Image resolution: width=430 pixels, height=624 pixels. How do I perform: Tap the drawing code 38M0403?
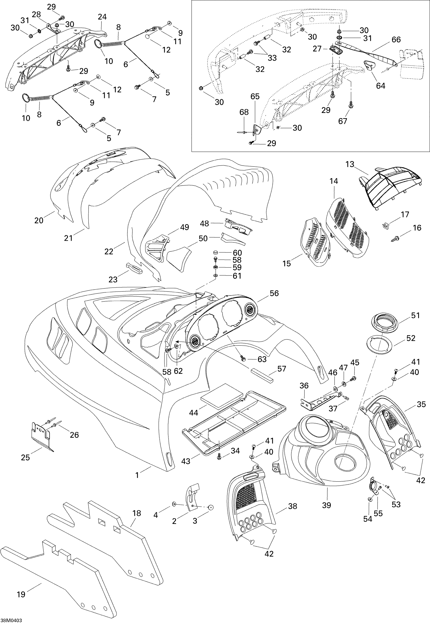click(x=11, y=620)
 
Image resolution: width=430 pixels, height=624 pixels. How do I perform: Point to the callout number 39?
click(x=326, y=505)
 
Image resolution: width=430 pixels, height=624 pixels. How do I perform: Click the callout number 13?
click(x=350, y=164)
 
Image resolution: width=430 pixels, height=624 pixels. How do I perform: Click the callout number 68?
click(x=244, y=112)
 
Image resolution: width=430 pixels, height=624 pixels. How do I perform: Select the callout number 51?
click(x=415, y=315)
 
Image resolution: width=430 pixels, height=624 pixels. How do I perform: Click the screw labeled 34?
click(x=219, y=456)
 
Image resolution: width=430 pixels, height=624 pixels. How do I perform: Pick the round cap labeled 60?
click(x=216, y=252)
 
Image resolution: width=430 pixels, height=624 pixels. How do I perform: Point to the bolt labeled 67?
click(x=351, y=105)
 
